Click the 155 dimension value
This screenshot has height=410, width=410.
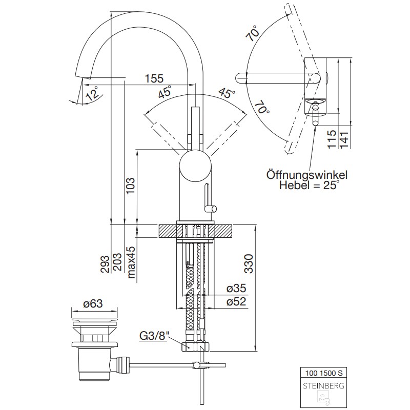154,78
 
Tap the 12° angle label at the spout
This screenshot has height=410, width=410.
92,94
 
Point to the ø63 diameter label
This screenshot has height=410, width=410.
93,303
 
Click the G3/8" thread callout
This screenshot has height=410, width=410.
153,337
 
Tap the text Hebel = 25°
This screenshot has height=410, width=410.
309,186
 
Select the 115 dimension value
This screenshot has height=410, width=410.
332,139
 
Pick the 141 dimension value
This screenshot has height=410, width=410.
344,139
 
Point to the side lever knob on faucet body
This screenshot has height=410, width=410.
210,208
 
